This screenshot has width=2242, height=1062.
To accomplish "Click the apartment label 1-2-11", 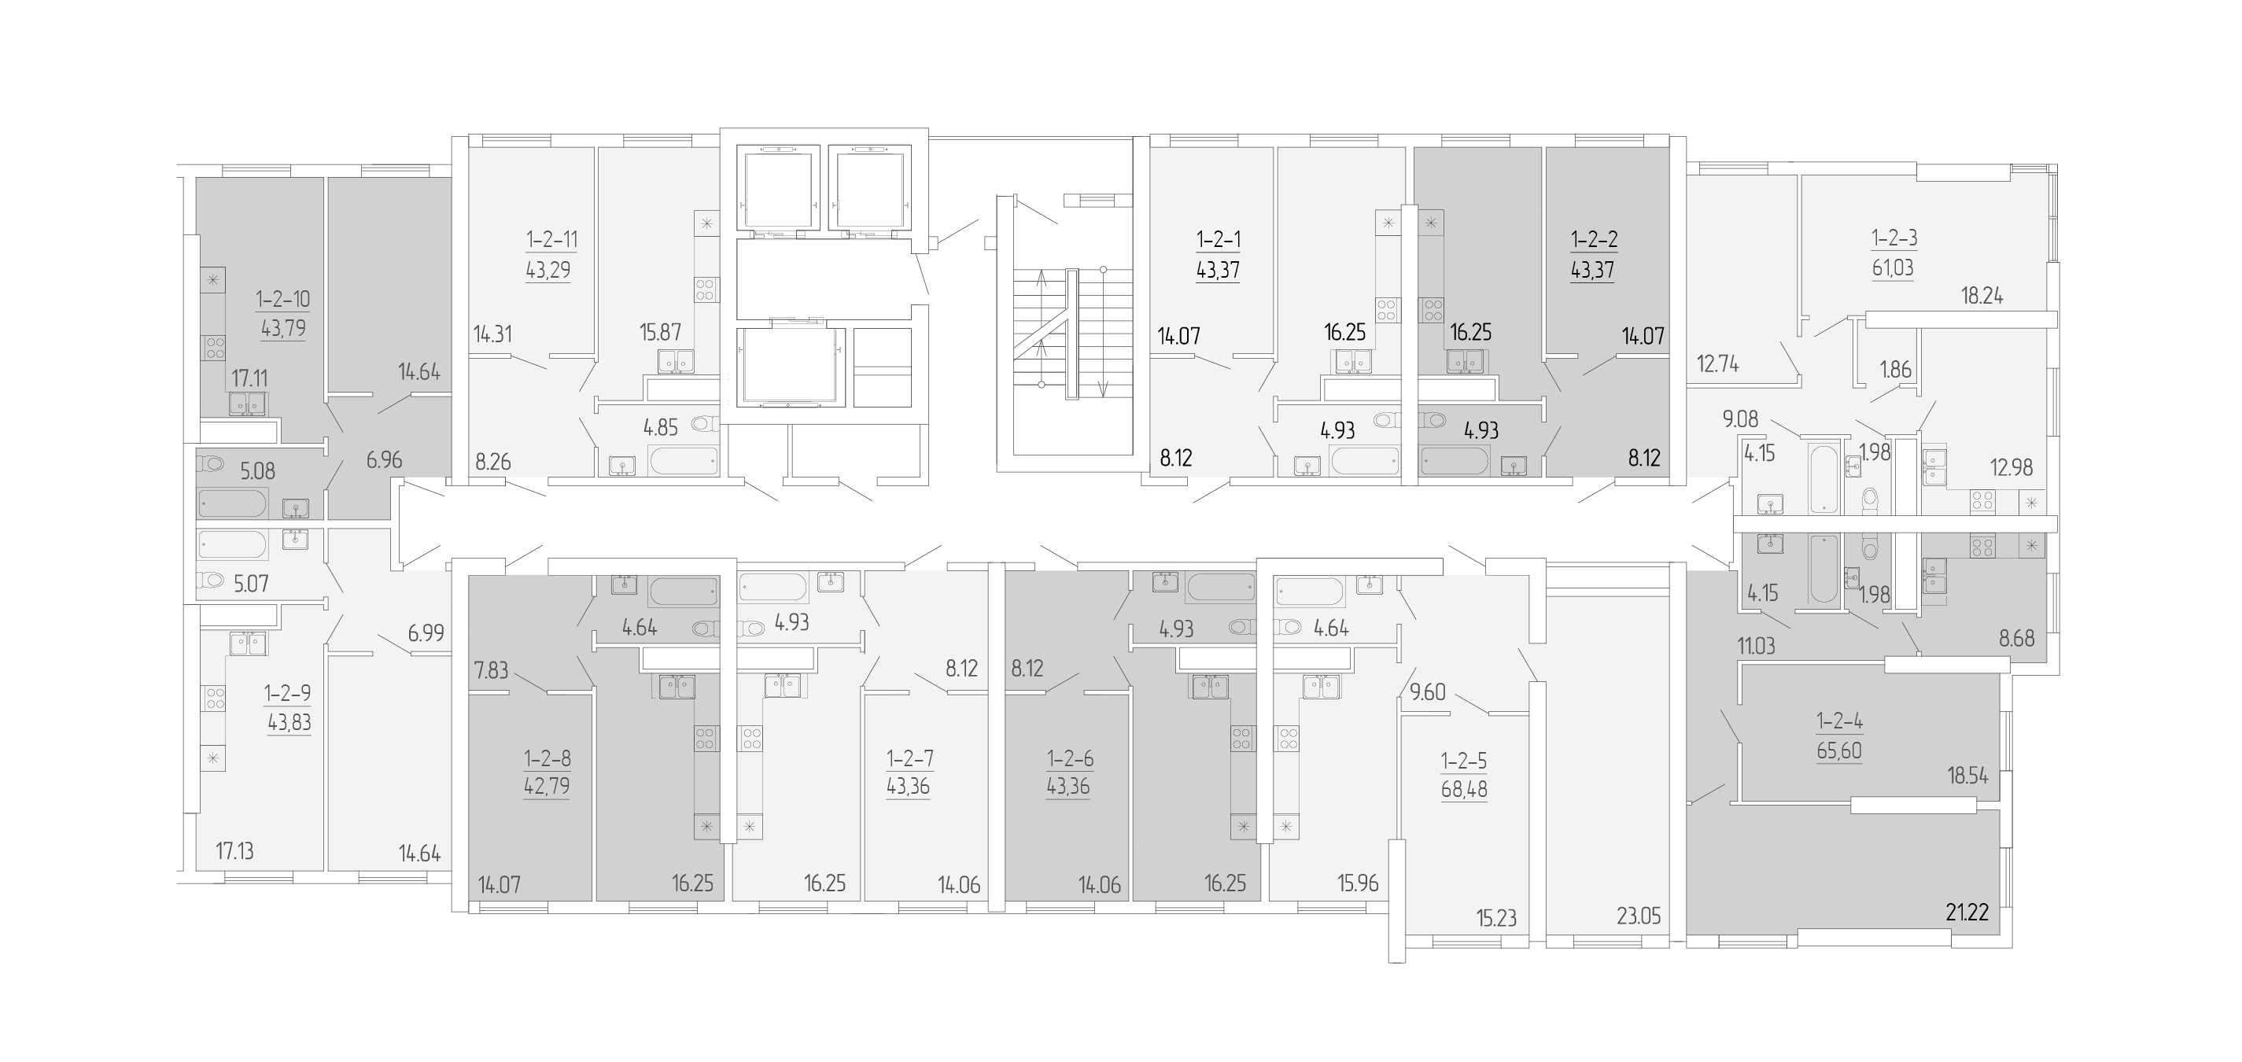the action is [x=551, y=239].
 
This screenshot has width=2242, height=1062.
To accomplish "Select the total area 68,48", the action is [x=1464, y=790].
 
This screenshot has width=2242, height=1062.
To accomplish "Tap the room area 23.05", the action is [x=1639, y=915].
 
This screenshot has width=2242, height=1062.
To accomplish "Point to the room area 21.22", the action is [x=1967, y=912].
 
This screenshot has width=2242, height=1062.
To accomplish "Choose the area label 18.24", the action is [x=1982, y=296].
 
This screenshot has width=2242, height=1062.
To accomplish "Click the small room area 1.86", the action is [x=1896, y=369].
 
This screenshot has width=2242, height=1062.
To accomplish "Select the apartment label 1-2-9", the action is [x=289, y=694].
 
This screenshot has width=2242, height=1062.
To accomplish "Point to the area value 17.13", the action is [x=235, y=850].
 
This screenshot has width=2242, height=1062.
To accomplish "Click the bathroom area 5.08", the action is [x=257, y=471].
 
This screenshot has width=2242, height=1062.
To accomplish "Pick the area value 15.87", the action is [x=661, y=332].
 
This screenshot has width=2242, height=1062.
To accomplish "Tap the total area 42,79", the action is [x=547, y=787].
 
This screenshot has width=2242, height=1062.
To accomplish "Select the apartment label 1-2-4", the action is [x=1839, y=721].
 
